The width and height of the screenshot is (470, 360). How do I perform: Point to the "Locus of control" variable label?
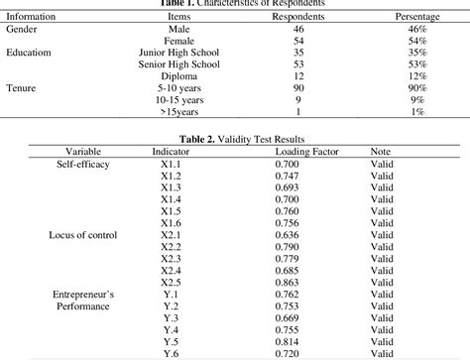(82, 235)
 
